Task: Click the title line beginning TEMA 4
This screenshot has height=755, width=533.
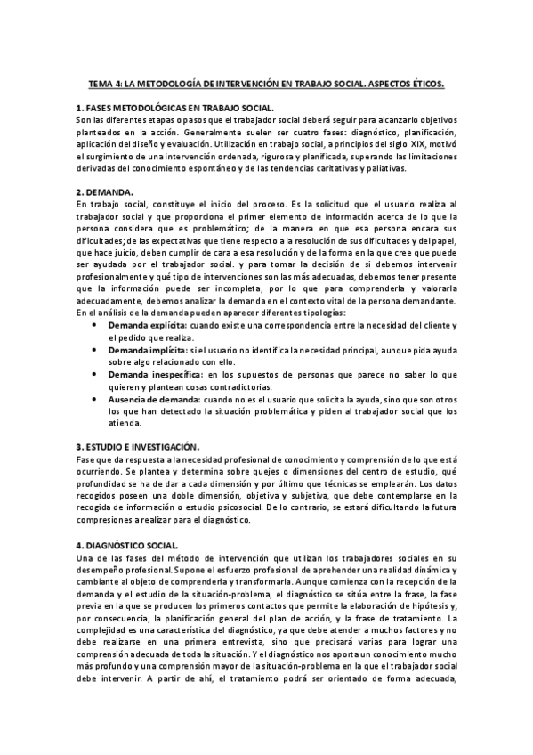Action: (266, 83)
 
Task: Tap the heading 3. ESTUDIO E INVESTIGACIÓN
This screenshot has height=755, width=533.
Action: (138, 446)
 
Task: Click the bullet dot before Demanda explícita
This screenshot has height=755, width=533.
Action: (96, 327)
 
